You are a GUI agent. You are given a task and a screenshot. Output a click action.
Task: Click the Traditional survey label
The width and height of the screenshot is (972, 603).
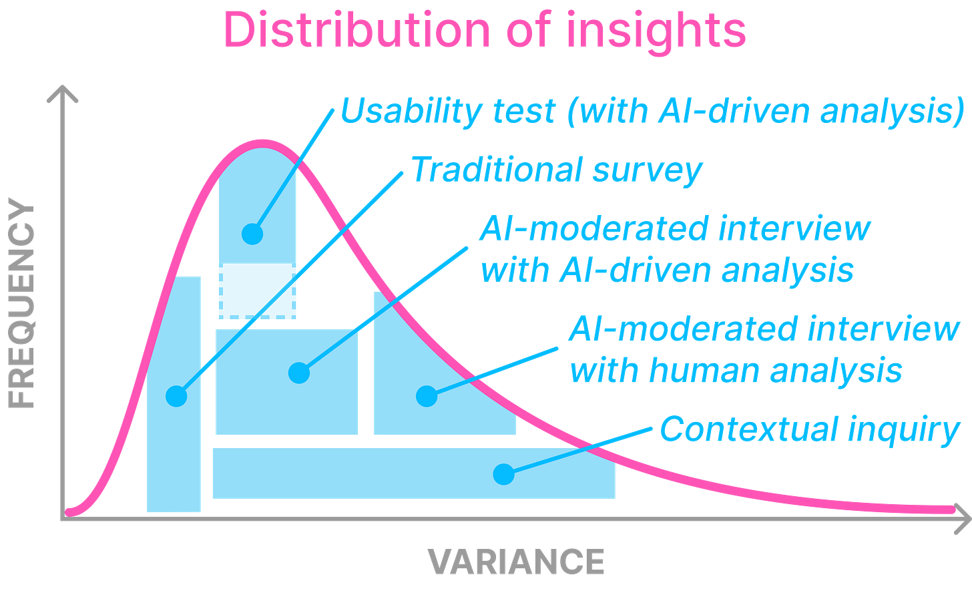[557, 170]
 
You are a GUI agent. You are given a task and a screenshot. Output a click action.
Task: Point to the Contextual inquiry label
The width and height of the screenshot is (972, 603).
[810, 429]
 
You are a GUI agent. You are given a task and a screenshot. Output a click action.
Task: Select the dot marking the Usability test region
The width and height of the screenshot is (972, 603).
[252, 234]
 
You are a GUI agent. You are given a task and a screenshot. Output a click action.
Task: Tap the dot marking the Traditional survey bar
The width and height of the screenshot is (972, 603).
[176, 397]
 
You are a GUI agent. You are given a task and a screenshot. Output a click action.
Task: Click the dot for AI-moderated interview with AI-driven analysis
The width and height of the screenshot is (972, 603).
[299, 373]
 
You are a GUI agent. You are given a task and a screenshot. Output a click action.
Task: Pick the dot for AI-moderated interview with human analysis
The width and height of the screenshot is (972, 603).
[427, 397]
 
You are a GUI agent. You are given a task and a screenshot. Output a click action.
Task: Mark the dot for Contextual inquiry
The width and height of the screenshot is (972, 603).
[504, 474]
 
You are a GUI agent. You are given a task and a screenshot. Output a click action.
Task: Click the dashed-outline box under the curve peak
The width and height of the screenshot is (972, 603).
[258, 291]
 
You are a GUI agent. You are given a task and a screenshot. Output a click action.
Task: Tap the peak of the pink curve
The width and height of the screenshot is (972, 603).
[260, 142]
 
